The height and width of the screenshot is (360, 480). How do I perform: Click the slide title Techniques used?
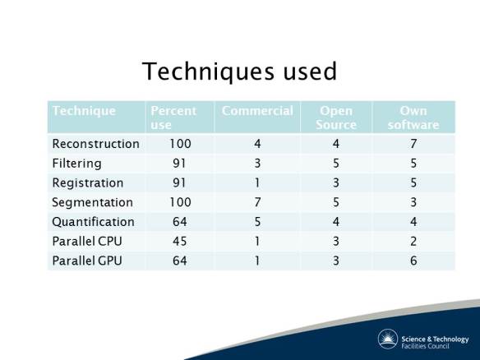click(239, 72)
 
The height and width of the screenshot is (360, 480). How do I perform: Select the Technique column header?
click(84, 111)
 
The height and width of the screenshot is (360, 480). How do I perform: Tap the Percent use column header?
click(172, 117)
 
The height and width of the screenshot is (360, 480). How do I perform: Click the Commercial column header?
click(256, 111)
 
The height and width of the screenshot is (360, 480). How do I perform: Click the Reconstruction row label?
click(95, 144)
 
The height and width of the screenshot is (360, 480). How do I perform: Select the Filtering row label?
click(77, 164)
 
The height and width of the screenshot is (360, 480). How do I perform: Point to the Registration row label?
click(88, 182)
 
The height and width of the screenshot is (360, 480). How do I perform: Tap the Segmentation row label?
click(92, 202)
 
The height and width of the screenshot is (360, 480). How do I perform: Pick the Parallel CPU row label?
click(87, 242)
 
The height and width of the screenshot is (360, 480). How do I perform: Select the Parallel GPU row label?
click(87, 261)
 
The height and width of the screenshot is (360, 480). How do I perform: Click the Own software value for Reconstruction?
click(413, 144)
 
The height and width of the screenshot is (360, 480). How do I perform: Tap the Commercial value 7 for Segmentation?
click(256, 202)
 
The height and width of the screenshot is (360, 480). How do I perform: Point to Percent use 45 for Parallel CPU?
click(180, 242)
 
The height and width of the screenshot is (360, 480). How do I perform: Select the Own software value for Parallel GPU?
click(413, 261)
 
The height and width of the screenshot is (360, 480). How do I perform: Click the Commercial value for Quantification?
click(256, 222)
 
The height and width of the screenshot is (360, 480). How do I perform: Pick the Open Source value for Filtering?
click(335, 164)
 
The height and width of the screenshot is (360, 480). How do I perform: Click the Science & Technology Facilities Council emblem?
click(388, 339)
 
